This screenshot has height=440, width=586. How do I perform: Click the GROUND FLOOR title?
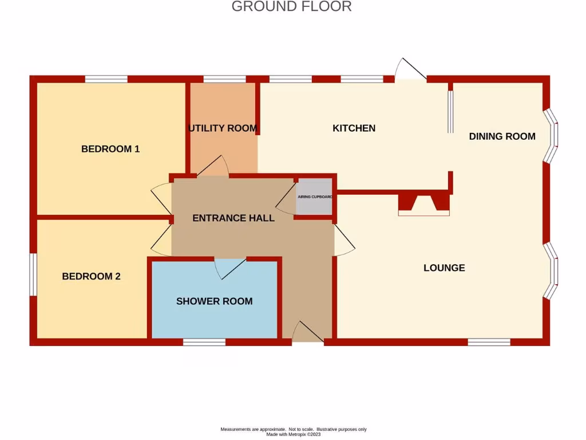pos(291,7)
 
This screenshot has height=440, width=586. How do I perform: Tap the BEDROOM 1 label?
pos(110,149)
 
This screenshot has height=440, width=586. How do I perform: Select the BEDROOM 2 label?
pos(91,276)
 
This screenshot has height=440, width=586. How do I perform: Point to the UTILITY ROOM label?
pos(223,128)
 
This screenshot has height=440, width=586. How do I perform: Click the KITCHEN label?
pos(354,128)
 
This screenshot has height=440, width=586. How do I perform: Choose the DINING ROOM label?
pos(502,136)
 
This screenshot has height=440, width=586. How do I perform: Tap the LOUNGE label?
pos(444,268)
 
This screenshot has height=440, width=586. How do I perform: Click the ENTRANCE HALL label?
pos(233,218)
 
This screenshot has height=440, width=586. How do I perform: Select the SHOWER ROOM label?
pos(214,301)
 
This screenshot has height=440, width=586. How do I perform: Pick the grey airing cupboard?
pos(314,197)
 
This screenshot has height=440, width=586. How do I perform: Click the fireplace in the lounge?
pos(424,204)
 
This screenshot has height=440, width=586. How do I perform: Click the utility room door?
pos(213,166)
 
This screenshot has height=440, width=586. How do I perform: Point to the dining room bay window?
pos(550,135)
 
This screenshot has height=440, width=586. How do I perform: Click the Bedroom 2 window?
pos(33,274)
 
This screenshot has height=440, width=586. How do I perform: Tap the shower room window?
pos(204,342)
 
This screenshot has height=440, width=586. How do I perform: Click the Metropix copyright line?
pos(293,434)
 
